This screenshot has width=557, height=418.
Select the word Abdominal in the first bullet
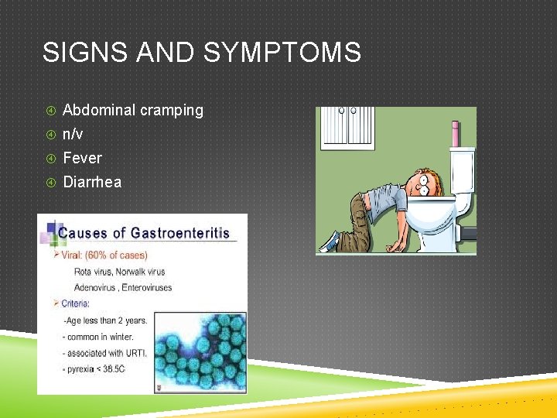coord(99,110)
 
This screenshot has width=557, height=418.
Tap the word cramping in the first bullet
coord(172,110)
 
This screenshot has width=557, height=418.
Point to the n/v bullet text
coord(73,134)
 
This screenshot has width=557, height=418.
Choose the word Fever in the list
coord(82,158)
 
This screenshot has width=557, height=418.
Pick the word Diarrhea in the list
coord(91,182)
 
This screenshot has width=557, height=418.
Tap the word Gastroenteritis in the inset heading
coord(179,232)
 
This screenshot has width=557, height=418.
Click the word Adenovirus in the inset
coord(95,287)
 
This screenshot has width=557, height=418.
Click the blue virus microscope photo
coord(200,352)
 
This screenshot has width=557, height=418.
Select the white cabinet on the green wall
coord(347,128)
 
